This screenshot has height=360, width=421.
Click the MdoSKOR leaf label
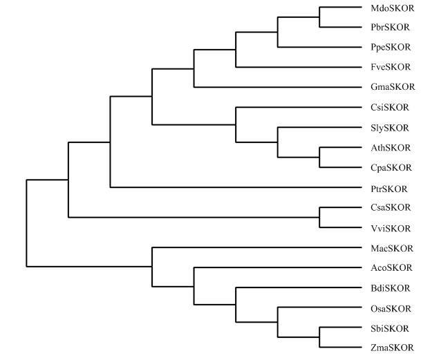point(392,8)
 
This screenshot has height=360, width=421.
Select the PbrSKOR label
point(390,27)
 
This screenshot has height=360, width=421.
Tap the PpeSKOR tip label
point(391,47)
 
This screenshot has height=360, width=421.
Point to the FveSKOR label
point(391,67)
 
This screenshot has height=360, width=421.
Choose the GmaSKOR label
point(393,86)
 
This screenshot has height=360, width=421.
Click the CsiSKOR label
point(390,107)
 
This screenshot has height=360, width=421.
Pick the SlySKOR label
point(390,128)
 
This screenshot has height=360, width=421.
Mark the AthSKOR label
point(391,148)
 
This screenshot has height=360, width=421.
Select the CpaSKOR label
point(391,167)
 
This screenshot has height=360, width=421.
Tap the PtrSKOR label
point(389,189)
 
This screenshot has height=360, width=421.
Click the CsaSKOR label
point(391,207)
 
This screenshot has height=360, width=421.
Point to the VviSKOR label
point(391,229)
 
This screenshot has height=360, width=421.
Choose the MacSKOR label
point(392,248)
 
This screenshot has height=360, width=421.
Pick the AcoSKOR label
point(391,267)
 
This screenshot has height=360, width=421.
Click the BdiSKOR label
point(391,288)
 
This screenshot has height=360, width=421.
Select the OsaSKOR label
point(391,309)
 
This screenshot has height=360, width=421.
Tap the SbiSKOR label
point(390,328)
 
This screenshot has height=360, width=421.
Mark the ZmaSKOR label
point(392,348)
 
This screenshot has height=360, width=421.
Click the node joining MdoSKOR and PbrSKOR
point(319,17)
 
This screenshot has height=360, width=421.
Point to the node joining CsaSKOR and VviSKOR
point(319,217)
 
